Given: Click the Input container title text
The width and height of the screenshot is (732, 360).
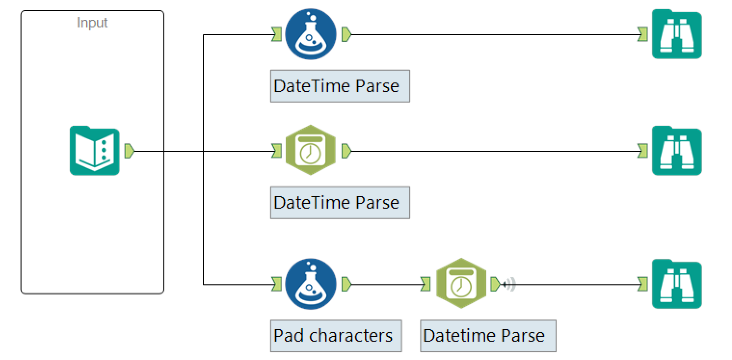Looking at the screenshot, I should (x=92, y=23).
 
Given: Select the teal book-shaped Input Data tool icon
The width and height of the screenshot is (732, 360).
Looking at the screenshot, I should (x=94, y=150).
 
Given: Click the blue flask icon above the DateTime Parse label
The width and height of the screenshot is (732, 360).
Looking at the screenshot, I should (x=310, y=35).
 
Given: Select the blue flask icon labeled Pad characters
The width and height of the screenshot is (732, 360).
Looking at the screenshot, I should (x=310, y=284).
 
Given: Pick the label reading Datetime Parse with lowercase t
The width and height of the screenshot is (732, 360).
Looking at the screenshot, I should (x=488, y=335).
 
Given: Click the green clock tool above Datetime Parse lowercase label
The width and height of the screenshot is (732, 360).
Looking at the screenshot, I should (x=461, y=284).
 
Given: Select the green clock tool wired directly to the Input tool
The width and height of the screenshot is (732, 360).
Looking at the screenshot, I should (x=310, y=151).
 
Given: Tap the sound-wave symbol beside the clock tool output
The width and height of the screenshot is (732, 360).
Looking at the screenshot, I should (x=509, y=284).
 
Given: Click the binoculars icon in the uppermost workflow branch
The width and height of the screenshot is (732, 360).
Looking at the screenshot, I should (x=677, y=35).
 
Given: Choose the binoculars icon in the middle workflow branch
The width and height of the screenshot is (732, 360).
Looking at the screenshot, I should (x=677, y=151).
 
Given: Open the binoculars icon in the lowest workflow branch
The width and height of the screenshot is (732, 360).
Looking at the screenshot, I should (x=677, y=284).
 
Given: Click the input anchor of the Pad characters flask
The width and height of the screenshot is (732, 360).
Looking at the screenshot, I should (x=276, y=284).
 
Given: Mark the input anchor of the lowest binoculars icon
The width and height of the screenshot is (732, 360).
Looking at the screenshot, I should (x=642, y=284).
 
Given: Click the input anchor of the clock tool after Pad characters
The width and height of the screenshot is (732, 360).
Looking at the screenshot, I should (x=425, y=284).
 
